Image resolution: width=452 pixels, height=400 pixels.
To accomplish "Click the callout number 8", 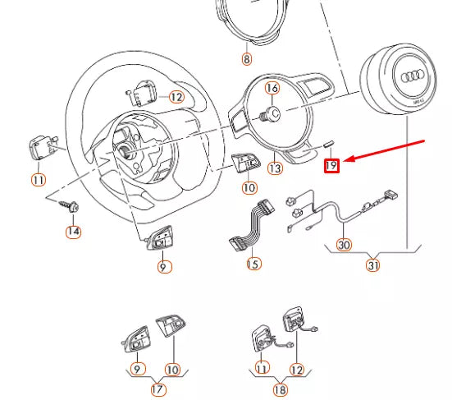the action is coord(246,59).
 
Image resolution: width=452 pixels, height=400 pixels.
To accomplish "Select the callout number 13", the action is coord(275,168).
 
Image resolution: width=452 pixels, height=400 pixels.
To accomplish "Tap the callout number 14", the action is coord(73,232).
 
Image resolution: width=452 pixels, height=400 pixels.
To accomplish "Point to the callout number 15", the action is coord(253,264).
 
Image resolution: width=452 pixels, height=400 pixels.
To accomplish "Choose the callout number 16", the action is coord(272,88).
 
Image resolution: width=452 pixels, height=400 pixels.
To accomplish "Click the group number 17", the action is coord(158,389).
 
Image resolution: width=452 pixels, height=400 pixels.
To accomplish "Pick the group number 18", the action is coord(281,390).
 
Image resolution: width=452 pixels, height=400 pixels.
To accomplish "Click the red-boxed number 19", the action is coord(331,165).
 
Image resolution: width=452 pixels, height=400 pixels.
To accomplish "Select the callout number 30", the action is coord(344,245).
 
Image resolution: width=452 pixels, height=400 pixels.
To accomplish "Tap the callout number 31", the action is coord(372,265).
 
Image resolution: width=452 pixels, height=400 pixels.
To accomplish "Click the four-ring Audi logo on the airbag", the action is coord(413,76).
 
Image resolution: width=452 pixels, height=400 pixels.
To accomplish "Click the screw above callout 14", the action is coord(69,206).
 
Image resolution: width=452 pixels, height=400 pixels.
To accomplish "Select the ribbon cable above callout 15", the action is coord(252,225).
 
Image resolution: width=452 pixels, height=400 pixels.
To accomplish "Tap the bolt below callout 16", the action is coord(270,114).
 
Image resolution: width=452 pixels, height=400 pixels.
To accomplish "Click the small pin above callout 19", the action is coord(329,144).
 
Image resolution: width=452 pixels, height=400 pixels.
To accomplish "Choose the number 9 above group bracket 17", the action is coord(138,369).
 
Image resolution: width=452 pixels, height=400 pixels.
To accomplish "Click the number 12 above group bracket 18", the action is coord(297,370).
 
